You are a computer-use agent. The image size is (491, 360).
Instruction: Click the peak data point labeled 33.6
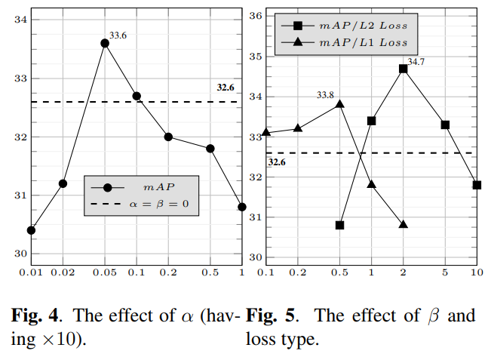coord(105,43)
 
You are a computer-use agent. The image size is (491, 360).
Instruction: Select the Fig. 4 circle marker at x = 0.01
coord(31,230)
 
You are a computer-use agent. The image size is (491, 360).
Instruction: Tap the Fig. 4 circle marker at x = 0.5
coord(210,149)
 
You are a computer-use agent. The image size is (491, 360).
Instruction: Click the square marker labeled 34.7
coord(403,69)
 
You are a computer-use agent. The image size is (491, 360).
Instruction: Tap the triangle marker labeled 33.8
coord(339,104)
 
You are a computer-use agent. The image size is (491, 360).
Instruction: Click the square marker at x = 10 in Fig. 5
coord(477,185)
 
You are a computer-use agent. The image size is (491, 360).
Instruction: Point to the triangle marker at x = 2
coord(403,225)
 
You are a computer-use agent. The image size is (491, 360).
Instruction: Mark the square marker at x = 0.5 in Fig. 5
coord(339,225)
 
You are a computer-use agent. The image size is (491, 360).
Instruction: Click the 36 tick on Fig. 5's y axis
coord(254,15)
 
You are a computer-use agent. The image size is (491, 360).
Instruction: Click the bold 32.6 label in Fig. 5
coord(277,162)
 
